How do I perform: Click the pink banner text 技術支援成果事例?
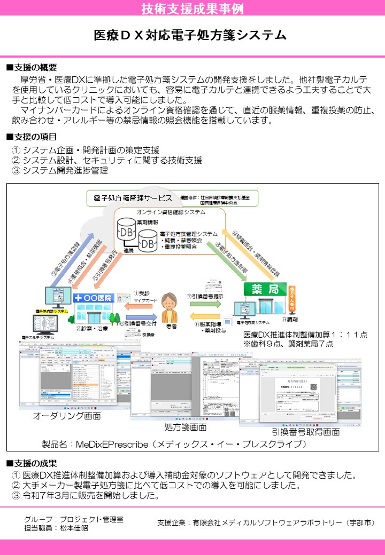tap(192, 9)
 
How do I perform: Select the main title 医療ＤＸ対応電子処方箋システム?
tap(190, 35)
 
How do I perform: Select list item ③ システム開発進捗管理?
tap(60, 171)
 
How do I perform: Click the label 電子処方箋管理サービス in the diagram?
tap(133, 198)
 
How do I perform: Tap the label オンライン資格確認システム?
tap(171, 212)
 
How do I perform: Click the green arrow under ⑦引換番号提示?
tap(204, 304)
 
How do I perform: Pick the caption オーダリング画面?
tap(67, 415)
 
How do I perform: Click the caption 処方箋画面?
tap(186, 427)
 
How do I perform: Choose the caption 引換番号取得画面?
tap(305, 432)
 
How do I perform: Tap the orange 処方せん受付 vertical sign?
tap(292, 298)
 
